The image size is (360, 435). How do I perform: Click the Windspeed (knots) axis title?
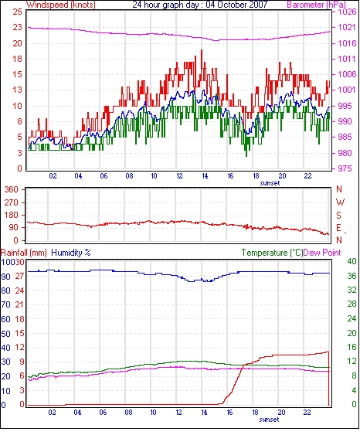[61, 5]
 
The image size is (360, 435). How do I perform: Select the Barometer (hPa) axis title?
[316, 5]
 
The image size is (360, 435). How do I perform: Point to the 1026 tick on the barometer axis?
[347, 12]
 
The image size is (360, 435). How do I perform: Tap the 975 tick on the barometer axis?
[345, 168]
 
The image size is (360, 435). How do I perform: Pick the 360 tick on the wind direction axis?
[11, 190]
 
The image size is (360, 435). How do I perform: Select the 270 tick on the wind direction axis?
[11, 202]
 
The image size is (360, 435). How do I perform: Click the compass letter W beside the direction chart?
[340, 202]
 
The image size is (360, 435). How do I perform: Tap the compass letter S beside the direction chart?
[339, 215]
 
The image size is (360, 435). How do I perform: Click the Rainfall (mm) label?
[24, 253]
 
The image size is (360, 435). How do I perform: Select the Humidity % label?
[71, 253]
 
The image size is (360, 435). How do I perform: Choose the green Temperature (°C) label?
[272, 253]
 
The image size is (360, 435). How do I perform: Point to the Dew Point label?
[322, 253]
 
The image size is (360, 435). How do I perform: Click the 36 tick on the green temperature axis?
[352, 276]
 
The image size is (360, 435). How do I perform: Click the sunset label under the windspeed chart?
[270, 183]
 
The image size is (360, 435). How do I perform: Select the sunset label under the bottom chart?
[269, 420]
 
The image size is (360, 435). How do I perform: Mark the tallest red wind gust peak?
[202, 50]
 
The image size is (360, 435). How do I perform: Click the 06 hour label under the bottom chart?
[103, 413]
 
